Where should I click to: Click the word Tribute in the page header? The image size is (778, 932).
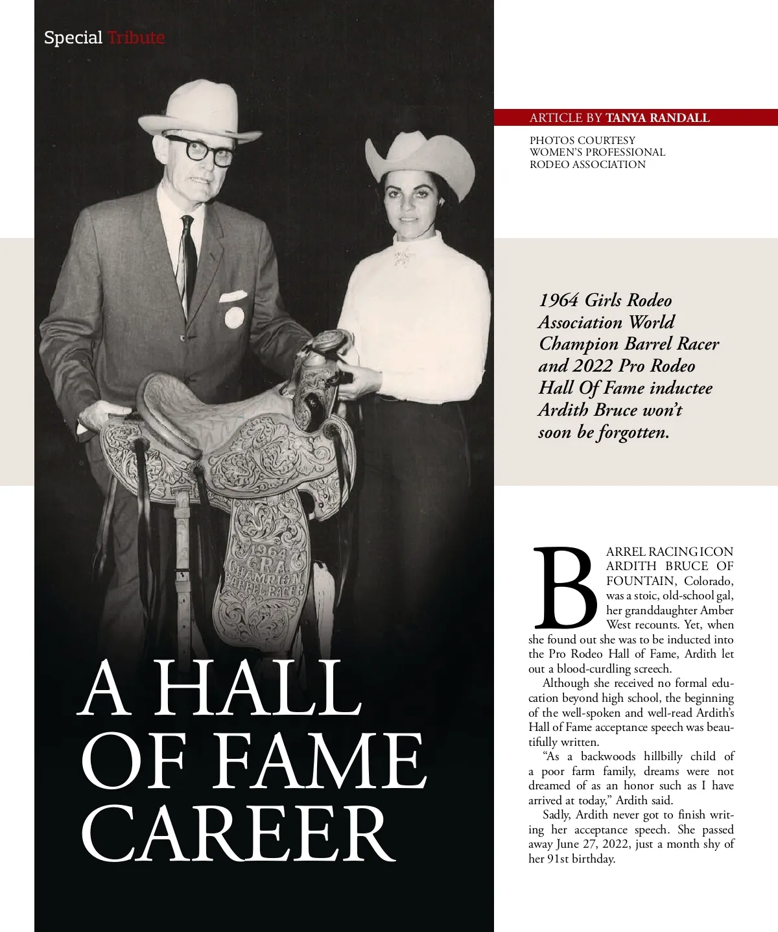[x=136, y=38]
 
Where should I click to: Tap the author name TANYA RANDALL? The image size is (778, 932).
[x=657, y=117]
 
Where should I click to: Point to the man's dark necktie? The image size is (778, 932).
[x=187, y=259]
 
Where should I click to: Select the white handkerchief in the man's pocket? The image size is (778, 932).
[x=232, y=296]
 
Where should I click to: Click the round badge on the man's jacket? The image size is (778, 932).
[x=234, y=317]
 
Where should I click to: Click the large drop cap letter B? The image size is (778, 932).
[x=564, y=588]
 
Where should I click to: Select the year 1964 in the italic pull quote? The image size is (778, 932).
[x=559, y=300]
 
